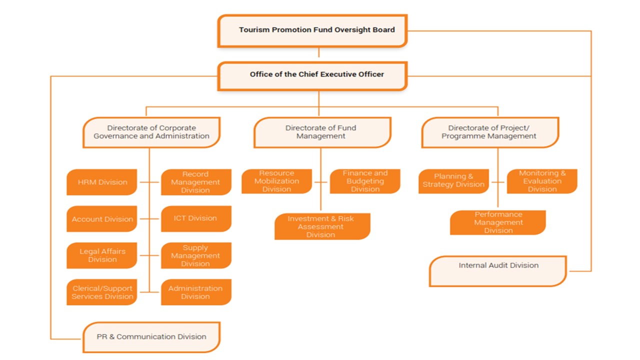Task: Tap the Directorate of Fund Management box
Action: (x=321, y=132)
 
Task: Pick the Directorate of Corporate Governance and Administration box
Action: (x=151, y=132)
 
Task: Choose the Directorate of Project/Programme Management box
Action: (x=489, y=132)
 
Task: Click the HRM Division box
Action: (x=102, y=182)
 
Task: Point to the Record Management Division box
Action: (x=196, y=182)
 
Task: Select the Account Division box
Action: (x=102, y=219)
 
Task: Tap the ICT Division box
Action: (x=196, y=218)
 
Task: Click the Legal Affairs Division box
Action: (x=102, y=255)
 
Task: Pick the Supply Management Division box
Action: (x=196, y=255)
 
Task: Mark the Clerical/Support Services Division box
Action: (x=102, y=292)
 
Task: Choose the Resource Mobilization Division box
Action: (x=276, y=181)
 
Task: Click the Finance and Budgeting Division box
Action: (x=365, y=181)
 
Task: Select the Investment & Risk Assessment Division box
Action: (x=322, y=226)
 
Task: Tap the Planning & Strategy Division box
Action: (x=453, y=181)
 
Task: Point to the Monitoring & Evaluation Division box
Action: (x=542, y=181)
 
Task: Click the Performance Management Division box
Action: (x=498, y=222)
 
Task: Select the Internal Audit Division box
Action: (x=498, y=270)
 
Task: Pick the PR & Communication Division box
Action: (x=151, y=337)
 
